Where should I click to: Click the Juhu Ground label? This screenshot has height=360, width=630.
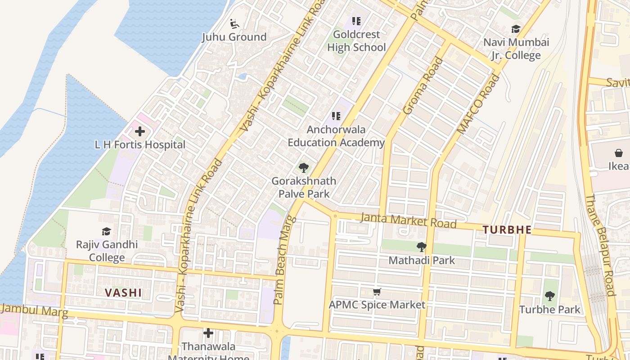point(234,37)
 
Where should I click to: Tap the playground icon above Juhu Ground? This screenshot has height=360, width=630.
point(234,22)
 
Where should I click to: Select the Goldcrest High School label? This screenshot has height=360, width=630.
point(356,41)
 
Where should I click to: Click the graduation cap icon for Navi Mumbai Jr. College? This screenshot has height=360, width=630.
point(516,29)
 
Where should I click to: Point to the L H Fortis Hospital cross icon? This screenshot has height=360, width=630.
point(140,131)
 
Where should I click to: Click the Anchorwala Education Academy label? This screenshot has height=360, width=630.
point(336,136)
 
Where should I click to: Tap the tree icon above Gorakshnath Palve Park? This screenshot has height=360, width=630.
point(304,168)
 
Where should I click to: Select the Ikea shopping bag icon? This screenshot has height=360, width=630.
point(619,153)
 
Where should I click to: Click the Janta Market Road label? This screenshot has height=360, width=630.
point(409,221)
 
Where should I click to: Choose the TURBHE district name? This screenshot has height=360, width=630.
point(507,230)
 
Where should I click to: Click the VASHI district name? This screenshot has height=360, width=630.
point(123,293)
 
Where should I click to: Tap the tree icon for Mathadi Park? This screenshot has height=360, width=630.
point(422,247)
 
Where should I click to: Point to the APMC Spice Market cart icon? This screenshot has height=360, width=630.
point(377,292)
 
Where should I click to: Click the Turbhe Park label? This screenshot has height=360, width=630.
point(550,310)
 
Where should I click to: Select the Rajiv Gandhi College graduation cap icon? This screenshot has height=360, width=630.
point(107,231)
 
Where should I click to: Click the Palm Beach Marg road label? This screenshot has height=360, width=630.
point(284,260)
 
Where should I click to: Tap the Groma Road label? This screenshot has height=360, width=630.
point(423,86)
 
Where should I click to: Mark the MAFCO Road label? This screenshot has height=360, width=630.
point(478,104)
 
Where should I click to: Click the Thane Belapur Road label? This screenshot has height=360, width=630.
point(600,245)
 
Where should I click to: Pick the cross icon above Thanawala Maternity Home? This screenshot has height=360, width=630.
point(208,333)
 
